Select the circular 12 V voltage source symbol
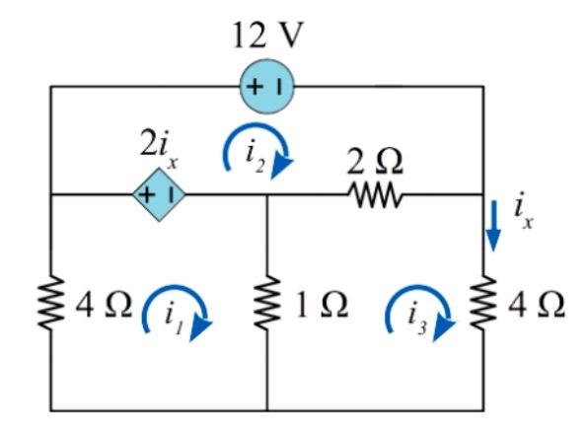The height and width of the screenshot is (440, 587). point(264,87)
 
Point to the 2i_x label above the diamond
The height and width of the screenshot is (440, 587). point(159,148)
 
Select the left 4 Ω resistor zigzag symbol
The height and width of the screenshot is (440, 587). point(50,303)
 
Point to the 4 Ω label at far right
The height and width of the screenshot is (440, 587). point(537,304)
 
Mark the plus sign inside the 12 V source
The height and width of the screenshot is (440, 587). point(255,87)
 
